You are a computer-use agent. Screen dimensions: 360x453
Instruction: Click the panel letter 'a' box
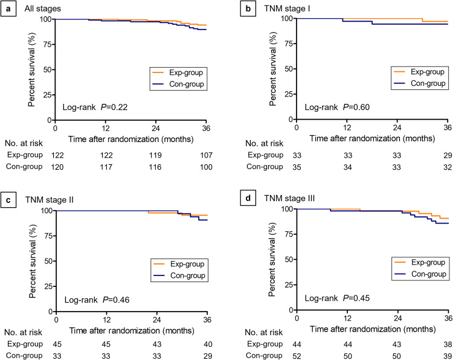coord(8,7)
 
